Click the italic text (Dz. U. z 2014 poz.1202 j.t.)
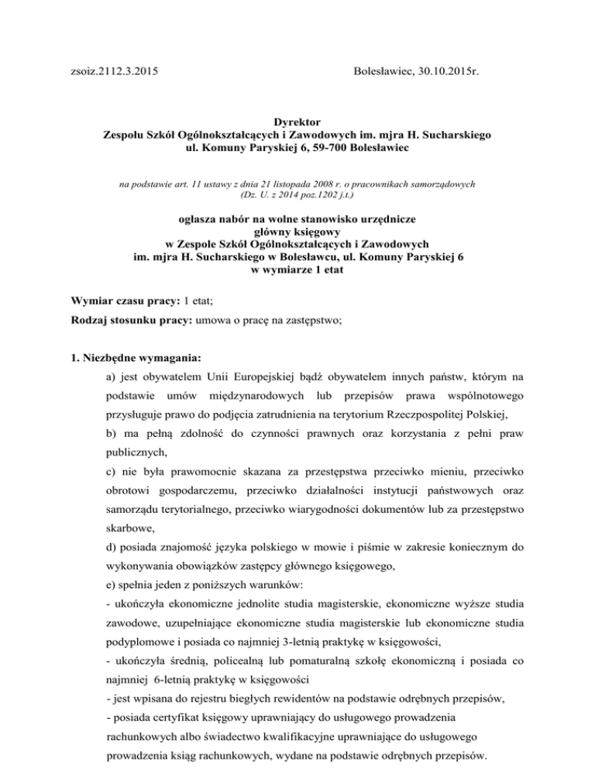297,197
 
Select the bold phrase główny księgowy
297,232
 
